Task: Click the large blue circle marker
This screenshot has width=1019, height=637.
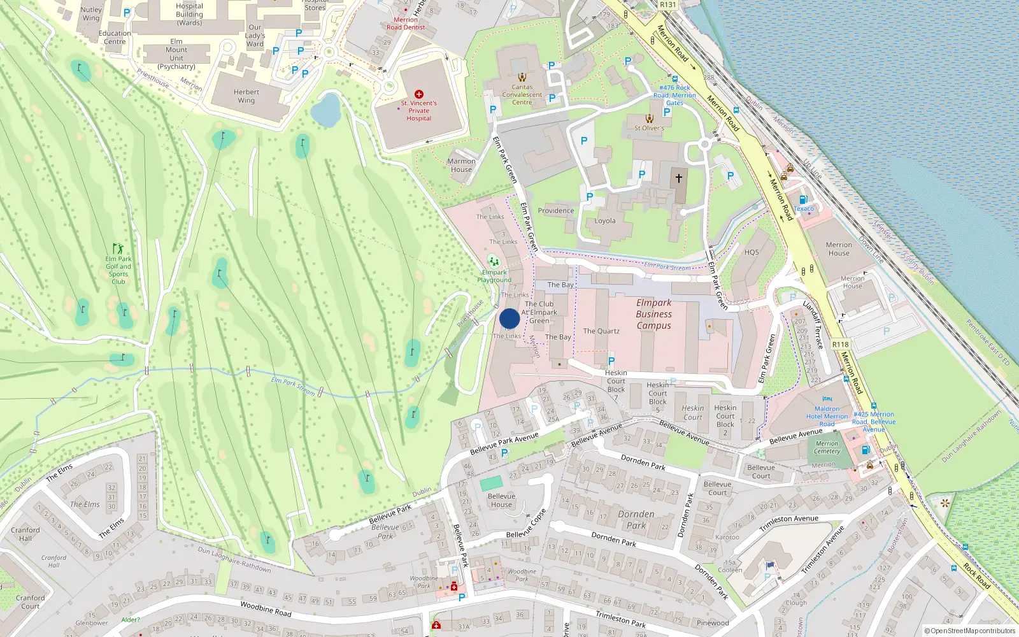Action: coord(509,318)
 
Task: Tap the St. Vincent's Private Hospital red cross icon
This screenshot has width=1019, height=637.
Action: coord(418,94)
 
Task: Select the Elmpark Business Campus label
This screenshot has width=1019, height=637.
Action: coord(653,314)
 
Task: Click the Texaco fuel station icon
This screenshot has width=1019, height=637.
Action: coord(803,199)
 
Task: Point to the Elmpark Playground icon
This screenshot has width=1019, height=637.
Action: coord(493,261)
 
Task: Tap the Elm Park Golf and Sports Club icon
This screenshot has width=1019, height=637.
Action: coord(118,248)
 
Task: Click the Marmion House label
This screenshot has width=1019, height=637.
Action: coord(461,166)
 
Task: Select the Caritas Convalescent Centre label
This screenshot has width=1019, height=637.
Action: coord(522,95)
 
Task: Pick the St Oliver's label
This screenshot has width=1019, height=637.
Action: coord(649,128)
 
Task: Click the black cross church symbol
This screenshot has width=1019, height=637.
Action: coord(679,178)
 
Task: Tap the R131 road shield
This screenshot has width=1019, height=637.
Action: coord(668,4)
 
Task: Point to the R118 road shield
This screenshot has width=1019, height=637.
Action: coord(840,344)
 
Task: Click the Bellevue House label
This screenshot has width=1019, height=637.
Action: coord(501,500)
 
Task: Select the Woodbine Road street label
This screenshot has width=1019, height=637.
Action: coord(266,609)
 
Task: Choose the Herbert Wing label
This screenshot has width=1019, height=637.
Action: coord(246,96)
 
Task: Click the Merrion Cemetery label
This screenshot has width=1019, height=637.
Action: coord(827,447)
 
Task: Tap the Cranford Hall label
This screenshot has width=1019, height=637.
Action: coord(25,534)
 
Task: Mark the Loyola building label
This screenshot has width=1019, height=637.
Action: coord(605,221)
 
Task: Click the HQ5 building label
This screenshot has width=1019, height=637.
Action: coord(752,252)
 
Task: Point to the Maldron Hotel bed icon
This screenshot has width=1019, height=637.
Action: coord(827,399)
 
